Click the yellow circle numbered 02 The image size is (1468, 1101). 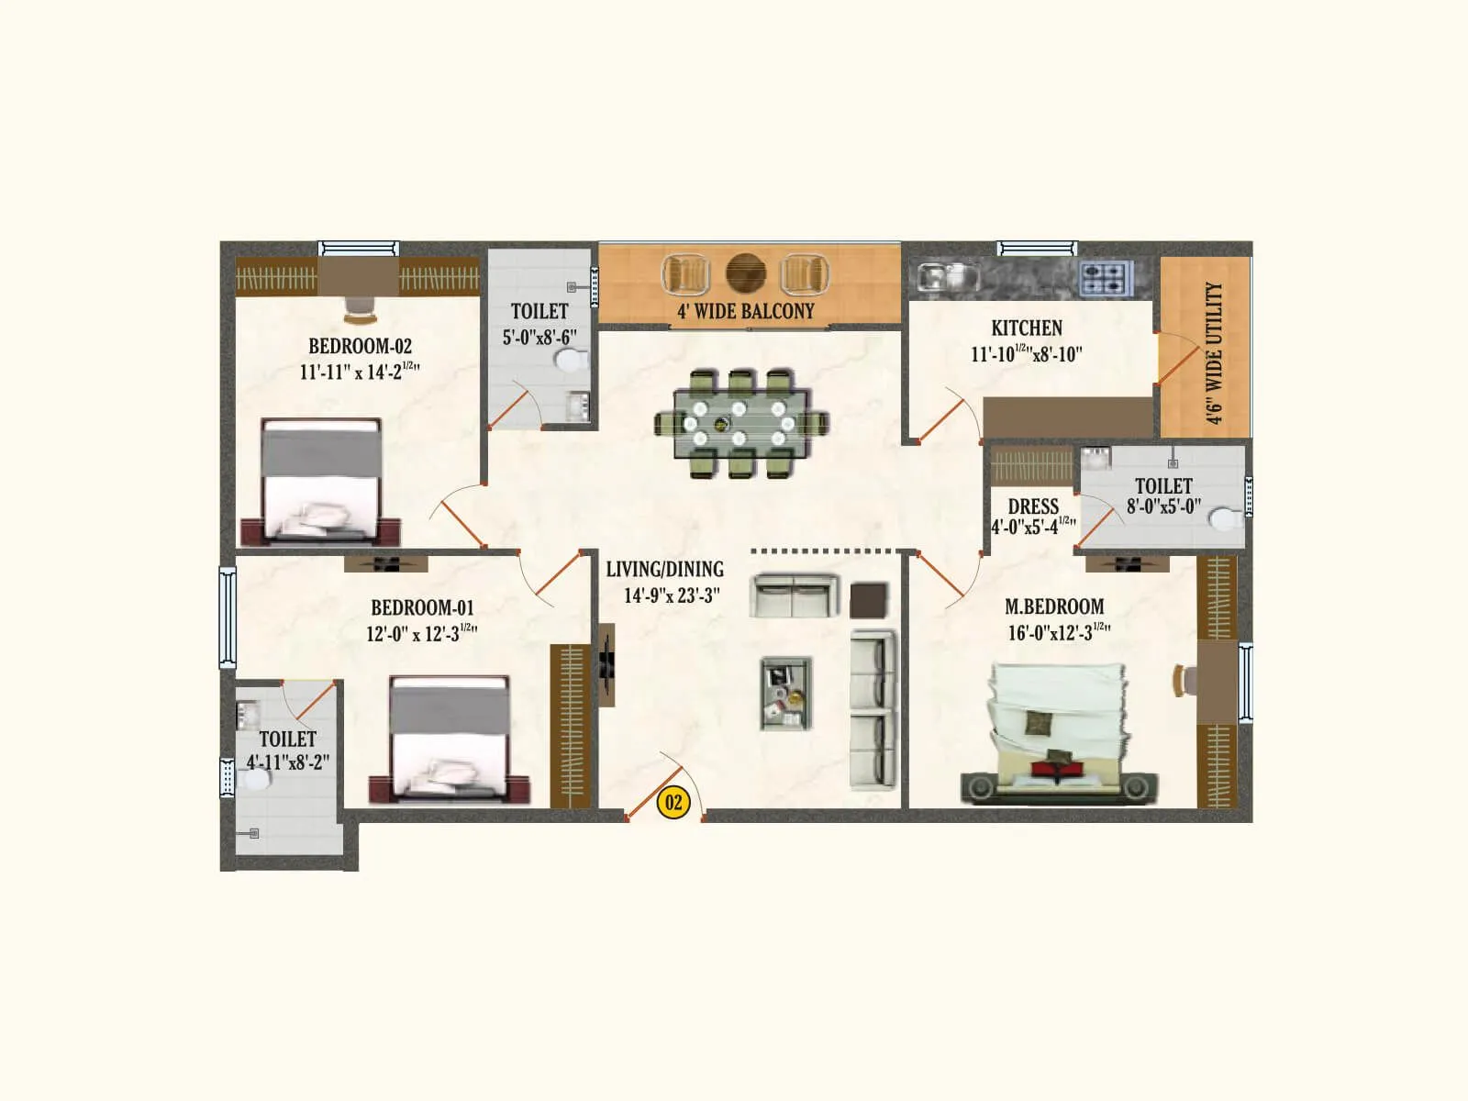(673, 803)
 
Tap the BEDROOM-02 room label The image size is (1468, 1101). (360, 347)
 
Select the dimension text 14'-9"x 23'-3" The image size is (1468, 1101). (672, 595)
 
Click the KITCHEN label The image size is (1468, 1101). (1027, 328)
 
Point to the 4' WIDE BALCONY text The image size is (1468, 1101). (745, 312)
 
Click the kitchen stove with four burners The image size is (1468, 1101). (1106, 278)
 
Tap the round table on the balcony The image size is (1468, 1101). (745, 272)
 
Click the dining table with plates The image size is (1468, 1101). (740, 423)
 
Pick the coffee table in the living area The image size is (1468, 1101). (785, 693)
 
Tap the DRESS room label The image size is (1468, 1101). (1033, 507)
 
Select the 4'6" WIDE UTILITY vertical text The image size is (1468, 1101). (1214, 353)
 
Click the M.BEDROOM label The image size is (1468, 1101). (1054, 607)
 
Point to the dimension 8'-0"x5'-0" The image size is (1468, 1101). (1163, 506)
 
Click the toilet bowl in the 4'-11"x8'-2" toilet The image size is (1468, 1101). (255, 781)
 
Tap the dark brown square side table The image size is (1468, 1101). (868, 600)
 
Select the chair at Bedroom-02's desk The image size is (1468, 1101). (360, 309)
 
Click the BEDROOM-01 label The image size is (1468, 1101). (422, 608)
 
